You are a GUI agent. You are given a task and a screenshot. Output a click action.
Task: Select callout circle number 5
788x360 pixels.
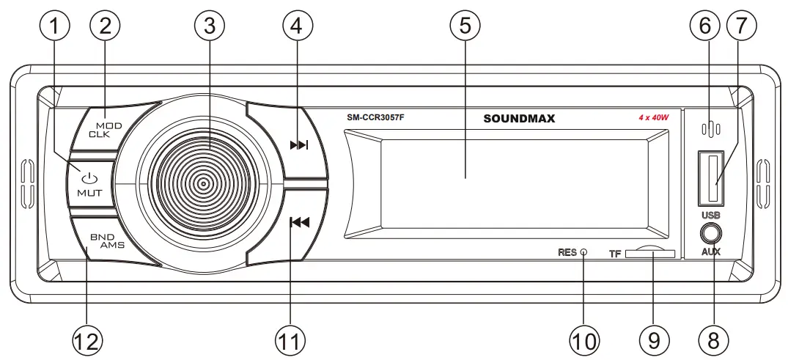point(465,27)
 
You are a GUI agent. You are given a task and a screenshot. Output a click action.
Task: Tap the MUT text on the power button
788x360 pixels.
point(89,194)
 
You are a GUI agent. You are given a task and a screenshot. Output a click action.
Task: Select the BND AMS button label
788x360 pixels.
point(107,241)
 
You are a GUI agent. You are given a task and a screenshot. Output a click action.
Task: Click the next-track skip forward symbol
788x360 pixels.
point(299,145)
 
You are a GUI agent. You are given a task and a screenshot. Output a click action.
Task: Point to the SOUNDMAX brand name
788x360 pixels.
point(519,118)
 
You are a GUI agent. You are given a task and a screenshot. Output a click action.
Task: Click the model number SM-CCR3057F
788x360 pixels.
point(375,118)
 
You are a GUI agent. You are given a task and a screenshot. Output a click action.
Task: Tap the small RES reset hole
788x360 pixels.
point(583,252)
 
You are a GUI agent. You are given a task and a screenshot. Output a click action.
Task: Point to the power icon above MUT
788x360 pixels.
point(89,178)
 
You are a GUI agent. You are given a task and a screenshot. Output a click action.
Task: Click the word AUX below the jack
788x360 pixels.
point(710,252)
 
